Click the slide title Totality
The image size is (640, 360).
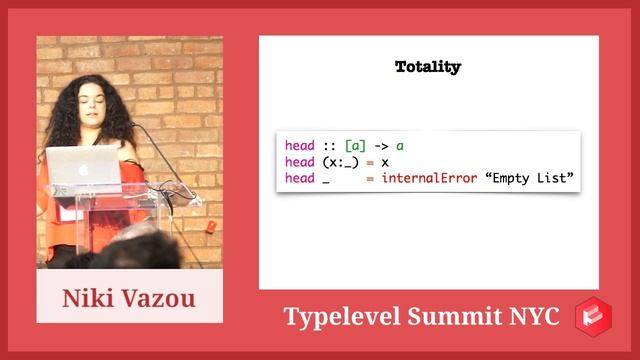click(428, 67)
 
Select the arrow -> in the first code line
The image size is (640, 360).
click(380, 146)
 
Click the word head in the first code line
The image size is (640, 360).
click(299, 146)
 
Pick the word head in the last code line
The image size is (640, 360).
click(299, 178)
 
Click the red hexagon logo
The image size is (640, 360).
click(593, 316)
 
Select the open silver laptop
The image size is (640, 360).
click(83, 167)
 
